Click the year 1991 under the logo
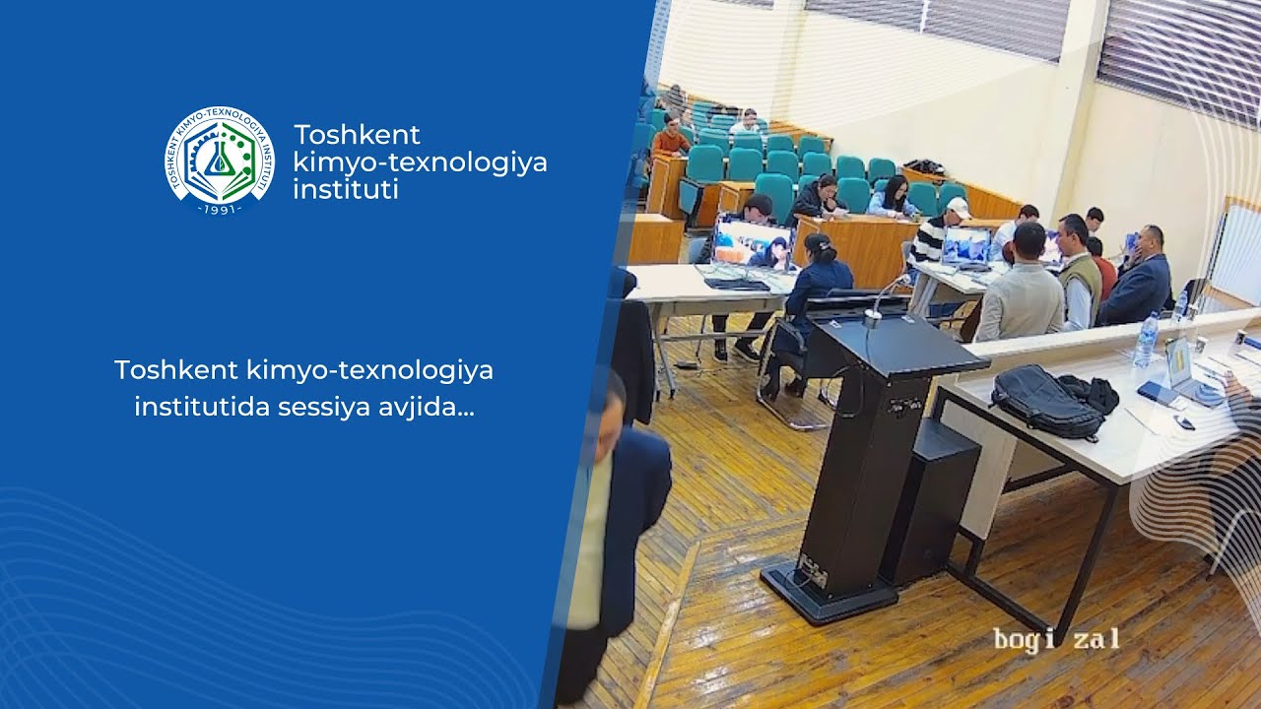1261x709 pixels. pyautogui.click(x=219, y=209)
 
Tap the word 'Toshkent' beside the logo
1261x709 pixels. pyautogui.click(x=357, y=135)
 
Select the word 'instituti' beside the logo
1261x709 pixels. pyautogui.click(x=346, y=189)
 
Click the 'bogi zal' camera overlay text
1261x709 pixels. pyautogui.click(x=1055, y=639)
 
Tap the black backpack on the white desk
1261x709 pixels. pyautogui.click(x=1048, y=400)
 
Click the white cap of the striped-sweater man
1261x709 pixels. pyautogui.click(x=957, y=207)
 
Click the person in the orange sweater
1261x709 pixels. pyautogui.click(x=671, y=137)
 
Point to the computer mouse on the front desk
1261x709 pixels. pyautogui.click(x=1185, y=423)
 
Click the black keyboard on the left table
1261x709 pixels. pyautogui.click(x=737, y=284)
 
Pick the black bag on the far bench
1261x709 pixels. pyautogui.click(x=923, y=167)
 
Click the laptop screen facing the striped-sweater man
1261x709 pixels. pyautogui.click(x=966, y=246)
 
